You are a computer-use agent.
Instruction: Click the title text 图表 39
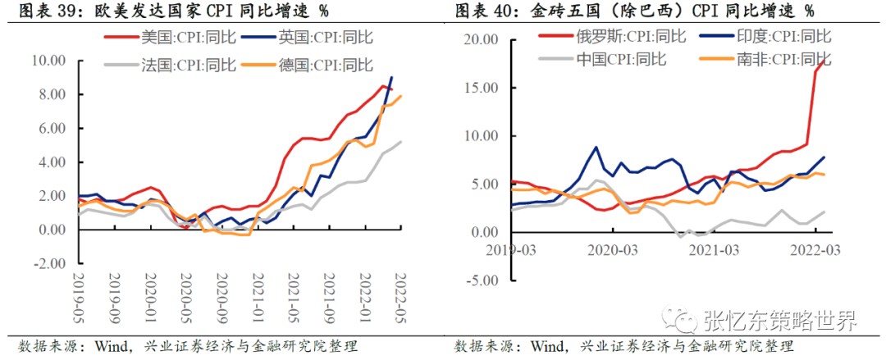pos(39,11)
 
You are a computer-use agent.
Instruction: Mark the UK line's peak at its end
pos(391,77)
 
